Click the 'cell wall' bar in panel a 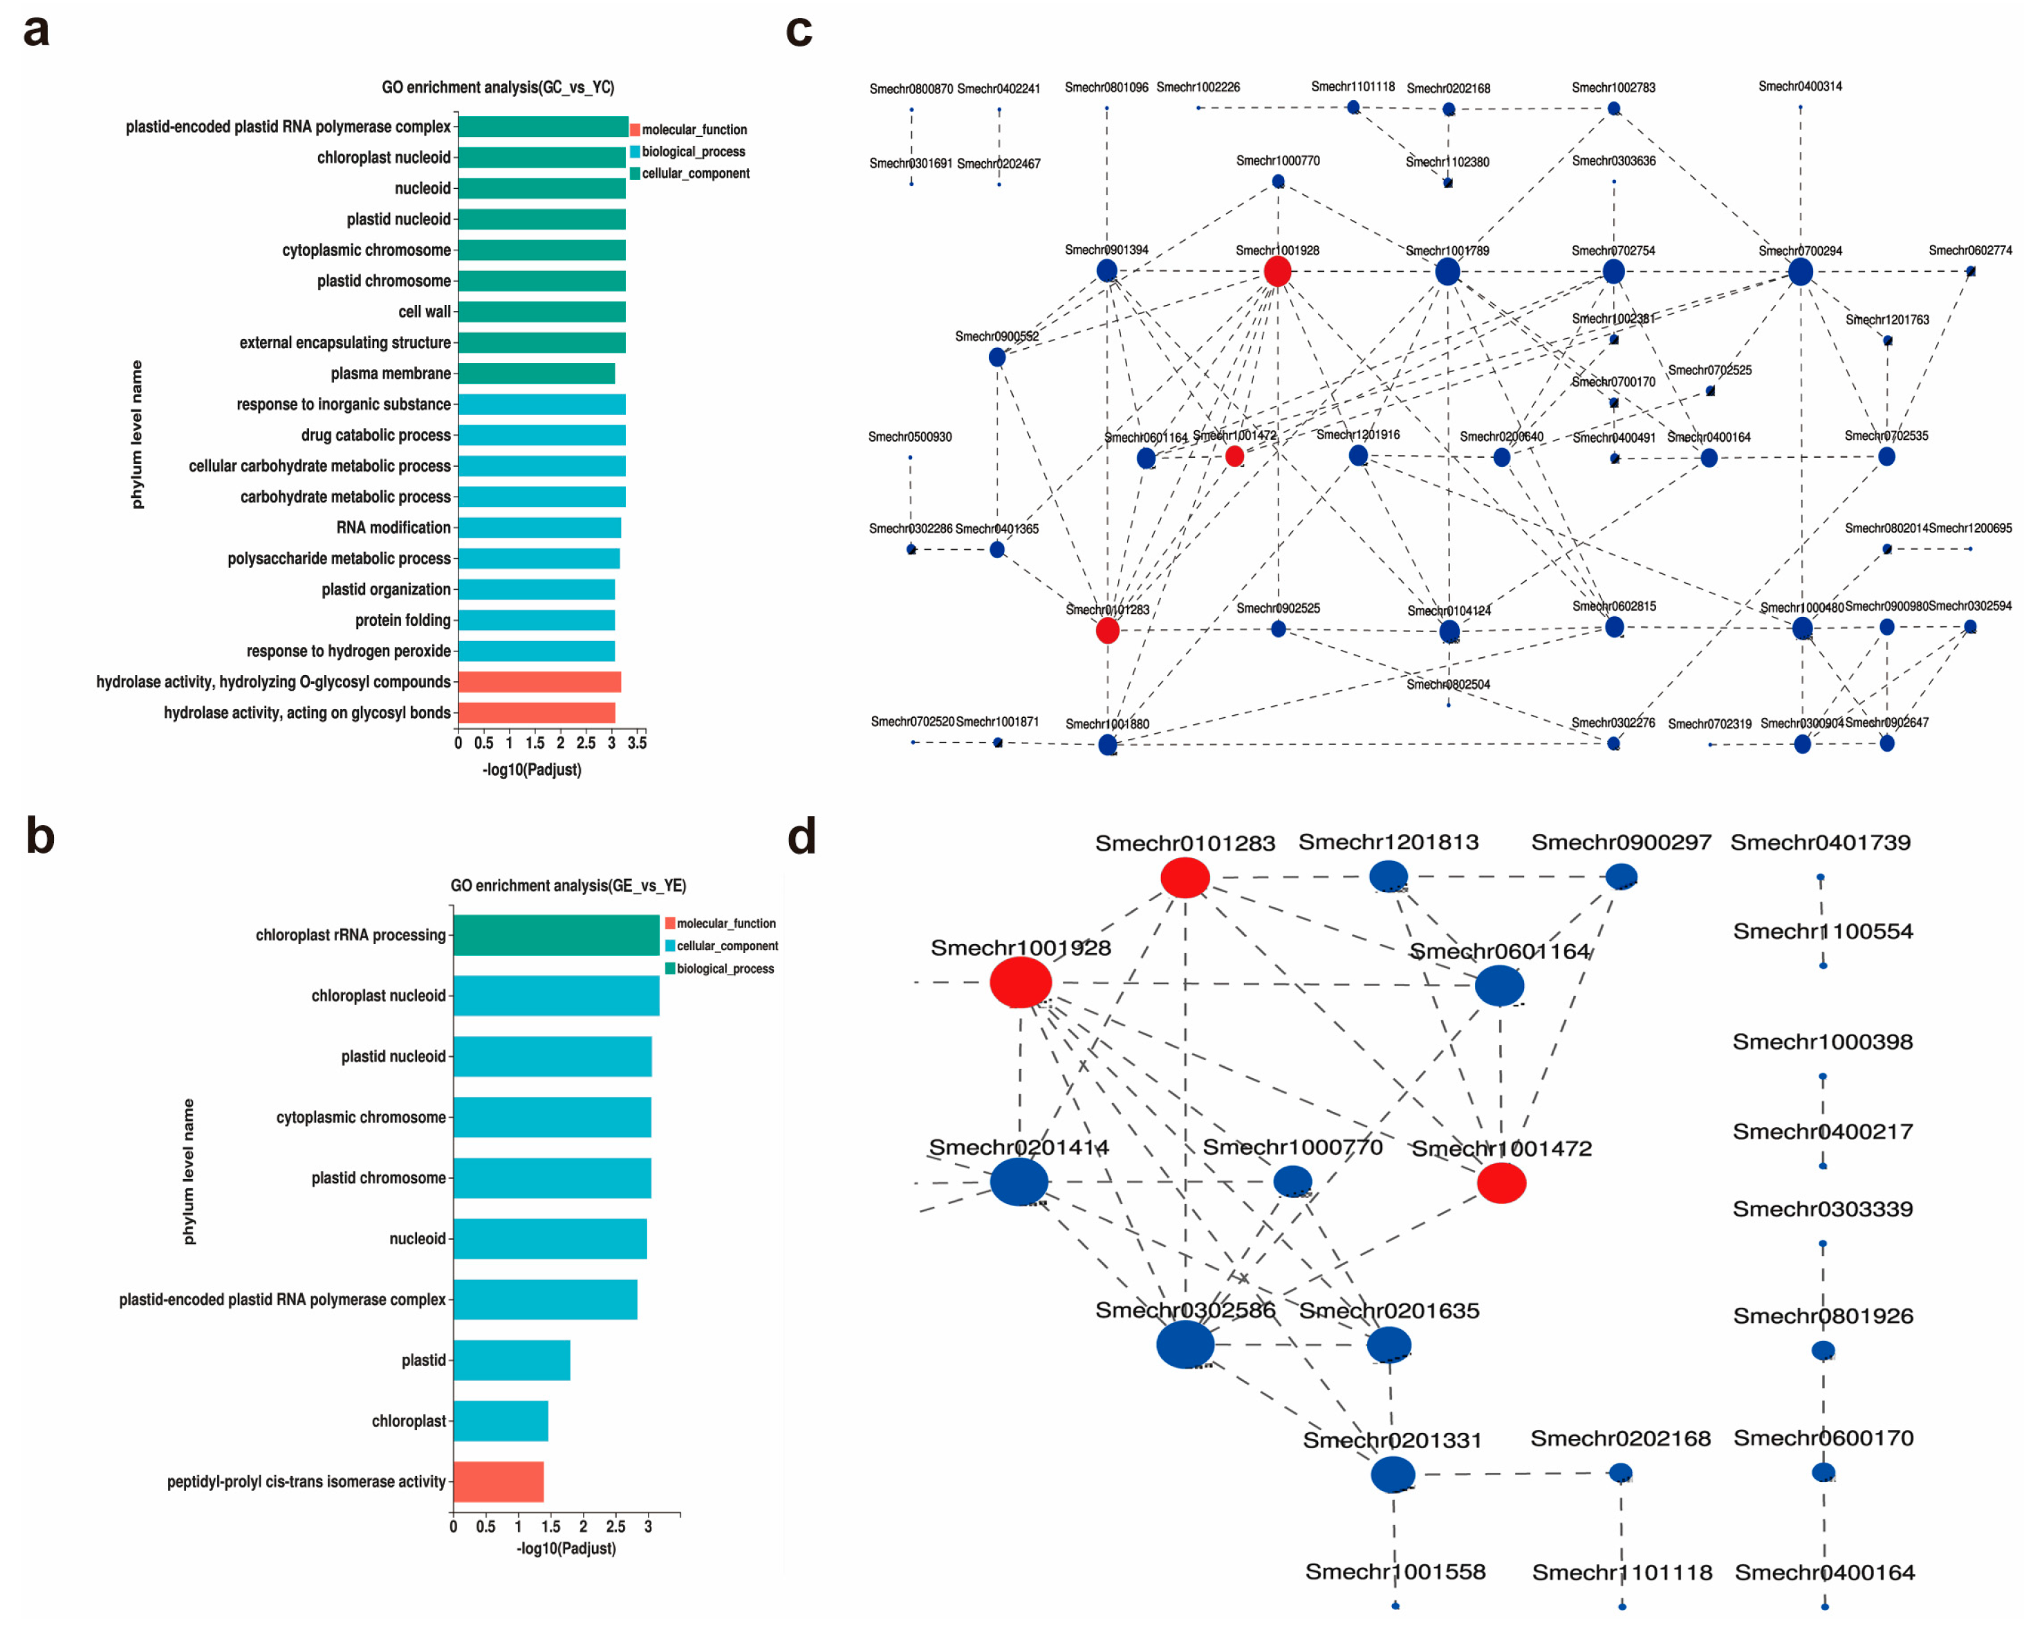(x=541, y=312)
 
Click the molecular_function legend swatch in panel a (x=635, y=129)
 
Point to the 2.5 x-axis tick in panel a (x=586, y=743)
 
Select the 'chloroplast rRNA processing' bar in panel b (x=555, y=935)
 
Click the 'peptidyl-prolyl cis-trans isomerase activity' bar (x=498, y=1482)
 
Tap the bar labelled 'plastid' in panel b (x=511, y=1360)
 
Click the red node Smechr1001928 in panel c (x=1277, y=272)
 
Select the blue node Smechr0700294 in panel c (x=1800, y=272)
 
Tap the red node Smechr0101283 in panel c (x=1108, y=630)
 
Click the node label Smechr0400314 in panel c (x=1799, y=86)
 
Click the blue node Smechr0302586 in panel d (x=1185, y=1344)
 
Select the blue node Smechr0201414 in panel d (x=1019, y=1181)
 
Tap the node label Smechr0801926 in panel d (x=1823, y=1316)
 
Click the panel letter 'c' (x=799, y=31)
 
